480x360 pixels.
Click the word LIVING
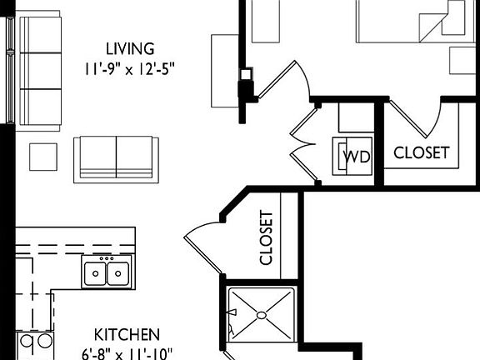(129, 48)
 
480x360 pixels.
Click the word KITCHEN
(127, 334)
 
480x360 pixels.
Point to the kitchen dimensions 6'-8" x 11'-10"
(127, 352)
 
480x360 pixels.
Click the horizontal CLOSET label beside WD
(421, 153)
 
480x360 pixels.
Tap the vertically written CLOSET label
(267, 237)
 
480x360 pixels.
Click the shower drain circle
(261, 316)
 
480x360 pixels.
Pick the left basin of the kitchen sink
(96, 272)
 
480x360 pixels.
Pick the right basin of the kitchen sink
(117, 272)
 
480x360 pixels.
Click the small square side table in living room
(43, 156)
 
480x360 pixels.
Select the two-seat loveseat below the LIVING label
(116, 158)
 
